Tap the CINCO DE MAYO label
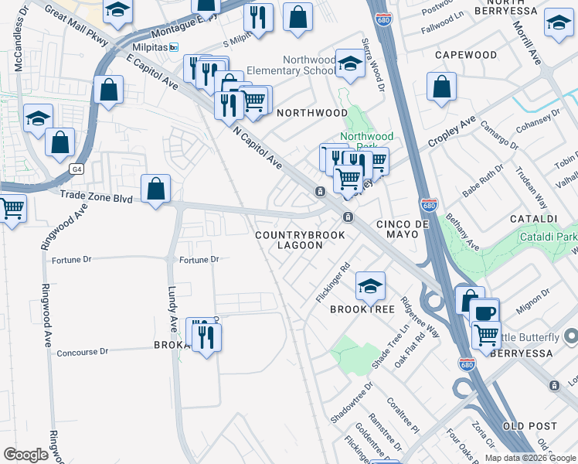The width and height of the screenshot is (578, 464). (x=402, y=223)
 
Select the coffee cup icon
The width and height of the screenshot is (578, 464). (x=484, y=313)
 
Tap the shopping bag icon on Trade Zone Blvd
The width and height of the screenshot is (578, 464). (x=155, y=189)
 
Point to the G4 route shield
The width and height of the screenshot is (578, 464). (x=76, y=168)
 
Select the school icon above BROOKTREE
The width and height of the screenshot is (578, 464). (x=370, y=286)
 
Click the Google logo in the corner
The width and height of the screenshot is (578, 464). (x=25, y=454)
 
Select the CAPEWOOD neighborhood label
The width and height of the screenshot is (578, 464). (x=465, y=55)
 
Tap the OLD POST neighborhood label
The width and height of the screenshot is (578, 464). (x=529, y=426)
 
